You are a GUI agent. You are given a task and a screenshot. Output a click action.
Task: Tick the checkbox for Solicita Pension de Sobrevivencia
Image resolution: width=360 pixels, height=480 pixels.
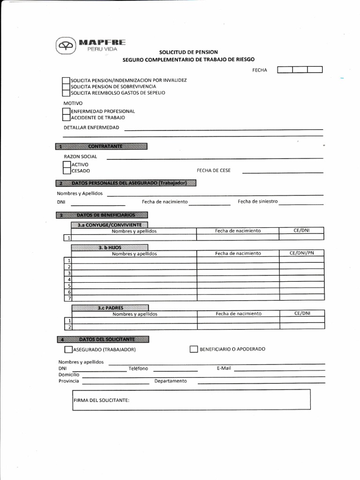click(x=66, y=86)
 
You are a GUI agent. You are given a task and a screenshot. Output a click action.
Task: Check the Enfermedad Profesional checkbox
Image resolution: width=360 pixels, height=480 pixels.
click(x=66, y=112)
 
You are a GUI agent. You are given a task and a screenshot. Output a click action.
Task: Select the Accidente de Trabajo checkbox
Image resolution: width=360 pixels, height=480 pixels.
click(x=66, y=118)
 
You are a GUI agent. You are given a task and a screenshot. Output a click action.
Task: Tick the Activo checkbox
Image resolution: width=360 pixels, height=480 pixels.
click(x=67, y=165)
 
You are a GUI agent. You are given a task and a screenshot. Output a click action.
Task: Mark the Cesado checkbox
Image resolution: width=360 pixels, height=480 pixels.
click(x=67, y=171)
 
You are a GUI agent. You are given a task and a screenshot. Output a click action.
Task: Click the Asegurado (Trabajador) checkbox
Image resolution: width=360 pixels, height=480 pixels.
click(x=68, y=349)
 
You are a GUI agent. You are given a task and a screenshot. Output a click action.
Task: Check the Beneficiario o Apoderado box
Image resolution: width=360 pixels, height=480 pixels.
click(x=194, y=349)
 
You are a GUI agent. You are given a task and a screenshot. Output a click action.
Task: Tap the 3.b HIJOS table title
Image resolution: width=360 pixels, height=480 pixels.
click(x=110, y=247)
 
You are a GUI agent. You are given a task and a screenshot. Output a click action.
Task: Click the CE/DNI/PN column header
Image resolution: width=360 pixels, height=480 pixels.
click(x=302, y=254)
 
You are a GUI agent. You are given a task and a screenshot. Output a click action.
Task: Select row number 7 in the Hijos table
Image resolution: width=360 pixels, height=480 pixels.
click(x=69, y=298)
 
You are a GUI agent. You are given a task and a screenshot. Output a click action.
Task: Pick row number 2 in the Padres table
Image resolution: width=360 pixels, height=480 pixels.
click(x=69, y=327)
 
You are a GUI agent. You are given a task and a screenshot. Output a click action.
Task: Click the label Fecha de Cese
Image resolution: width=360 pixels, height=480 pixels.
click(x=213, y=171)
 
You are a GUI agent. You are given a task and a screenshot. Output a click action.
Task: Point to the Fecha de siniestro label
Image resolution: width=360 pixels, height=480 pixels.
click(x=257, y=202)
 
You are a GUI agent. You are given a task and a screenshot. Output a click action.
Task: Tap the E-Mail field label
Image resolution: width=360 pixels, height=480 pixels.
click(x=224, y=368)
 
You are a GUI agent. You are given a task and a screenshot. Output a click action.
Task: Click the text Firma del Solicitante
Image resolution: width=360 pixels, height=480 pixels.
click(x=101, y=400)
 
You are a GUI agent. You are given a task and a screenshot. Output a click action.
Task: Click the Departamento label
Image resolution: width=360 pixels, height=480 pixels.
click(x=171, y=381)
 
